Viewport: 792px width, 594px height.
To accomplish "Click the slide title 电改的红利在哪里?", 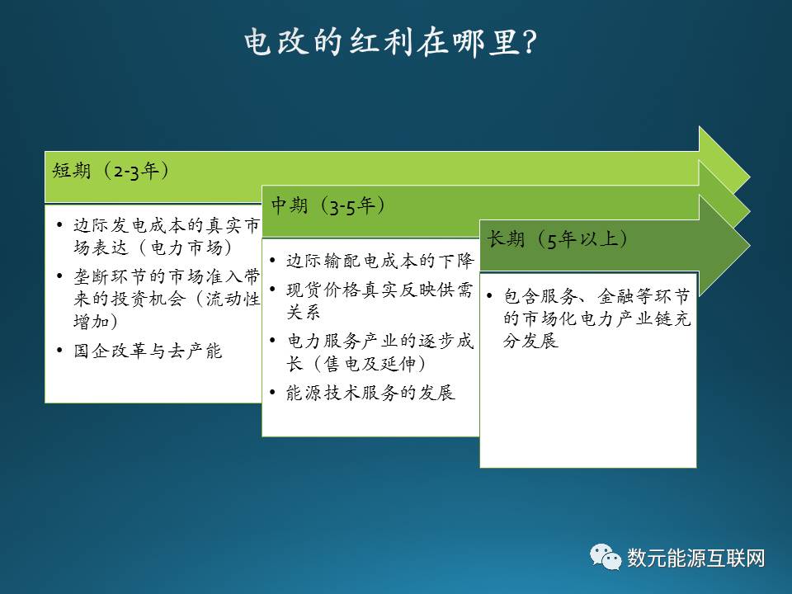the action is pyautogui.click(x=390, y=42).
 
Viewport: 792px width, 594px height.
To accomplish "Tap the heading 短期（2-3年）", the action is pyautogui.click(x=111, y=171).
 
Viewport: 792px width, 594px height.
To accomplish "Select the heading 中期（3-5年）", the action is pyautogui.click(x=328, y=205).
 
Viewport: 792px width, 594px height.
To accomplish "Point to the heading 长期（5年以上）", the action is pyautogui.click(x=557, y=239).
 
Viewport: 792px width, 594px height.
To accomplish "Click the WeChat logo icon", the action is pyautogui.click(x=605, y=557).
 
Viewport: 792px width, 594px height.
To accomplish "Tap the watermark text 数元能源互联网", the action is pyautogui.click(x=695, y=559).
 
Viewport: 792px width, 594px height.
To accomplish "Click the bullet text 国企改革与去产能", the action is pyautogui.click(x=148, y=351).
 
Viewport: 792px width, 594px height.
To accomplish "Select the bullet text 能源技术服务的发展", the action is pyautogui.click(x=370, y=393).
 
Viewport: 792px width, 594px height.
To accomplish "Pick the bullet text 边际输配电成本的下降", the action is pyautogui.click(x=379, y=261).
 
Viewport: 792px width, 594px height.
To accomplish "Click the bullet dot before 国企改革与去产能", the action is pyautogui.click(x=59, y=351).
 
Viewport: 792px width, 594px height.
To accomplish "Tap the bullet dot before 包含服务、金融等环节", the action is pyautogui.click(x=489, y=296).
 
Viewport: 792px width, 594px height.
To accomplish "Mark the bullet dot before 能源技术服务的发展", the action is pyautogui.click(x=272, y=393).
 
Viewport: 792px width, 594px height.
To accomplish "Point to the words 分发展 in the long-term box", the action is pyautogui.click(x=530, y=341).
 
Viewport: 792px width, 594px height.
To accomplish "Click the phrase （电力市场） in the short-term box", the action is pyautogui.click(x=184, y=247).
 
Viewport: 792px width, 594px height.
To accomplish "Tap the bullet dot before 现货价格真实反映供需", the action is pyautogui.click(x=272, y=290).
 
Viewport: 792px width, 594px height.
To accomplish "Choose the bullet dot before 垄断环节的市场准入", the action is pyautogui.click(x=59, y=276).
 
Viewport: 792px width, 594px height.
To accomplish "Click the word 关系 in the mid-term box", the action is pyautogui.click(x=303, y=312).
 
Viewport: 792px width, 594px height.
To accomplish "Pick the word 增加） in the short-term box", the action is pyautogui.click(x=96, y=321).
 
